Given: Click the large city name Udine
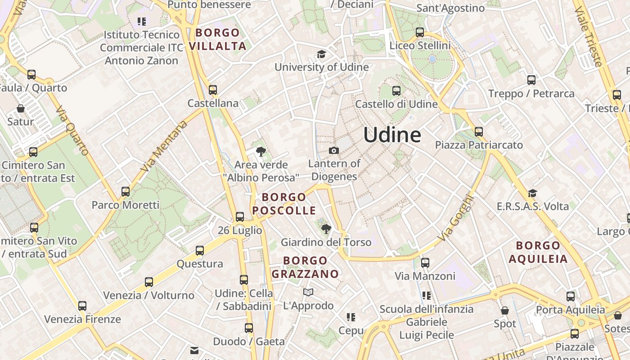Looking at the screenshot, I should [392, 135].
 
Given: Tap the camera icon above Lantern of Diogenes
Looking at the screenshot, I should [334, 150].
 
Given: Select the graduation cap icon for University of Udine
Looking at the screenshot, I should [321, 54].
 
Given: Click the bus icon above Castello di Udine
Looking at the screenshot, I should [396, 91].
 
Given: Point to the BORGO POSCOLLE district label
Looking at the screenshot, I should [284, 204].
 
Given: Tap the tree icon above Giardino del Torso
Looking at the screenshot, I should [326, 229].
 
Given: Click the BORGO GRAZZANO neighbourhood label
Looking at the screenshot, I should [305, 267].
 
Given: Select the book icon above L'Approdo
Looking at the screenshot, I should [308, 292].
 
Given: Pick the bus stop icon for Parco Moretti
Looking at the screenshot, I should [126, 192].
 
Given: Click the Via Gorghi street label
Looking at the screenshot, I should [455, 217].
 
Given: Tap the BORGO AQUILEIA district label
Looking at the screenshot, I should [538, 252].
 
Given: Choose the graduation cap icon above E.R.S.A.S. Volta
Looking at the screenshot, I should [533, 193].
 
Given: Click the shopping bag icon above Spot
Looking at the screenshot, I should [505, 310].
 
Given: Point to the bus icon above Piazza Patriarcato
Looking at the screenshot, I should [479, 132].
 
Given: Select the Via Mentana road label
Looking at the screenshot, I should [163, 146].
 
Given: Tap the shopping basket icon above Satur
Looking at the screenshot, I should [21, 108].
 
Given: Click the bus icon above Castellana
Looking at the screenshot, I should [213, 90].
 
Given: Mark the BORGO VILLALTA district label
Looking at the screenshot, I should [218, 39].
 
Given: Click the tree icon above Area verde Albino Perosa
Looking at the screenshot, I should [260, 152].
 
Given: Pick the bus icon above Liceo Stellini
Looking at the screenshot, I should [420, 32].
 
